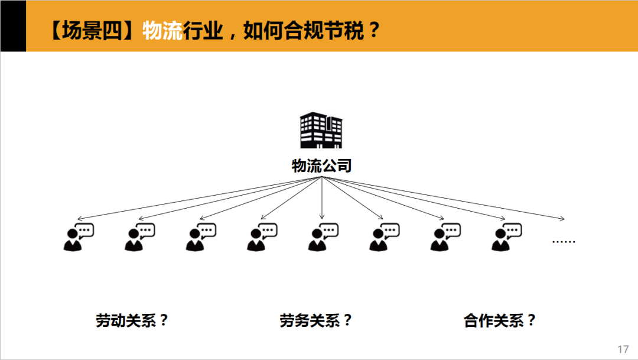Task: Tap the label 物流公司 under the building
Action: click(321, 166)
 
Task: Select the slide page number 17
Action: click(623, 349)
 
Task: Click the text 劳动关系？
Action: click(132, 321)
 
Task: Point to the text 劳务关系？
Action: click(316, 321)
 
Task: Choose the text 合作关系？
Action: click(500, 321)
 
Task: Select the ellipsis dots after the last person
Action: click(563, 241)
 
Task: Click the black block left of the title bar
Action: click(12, 26)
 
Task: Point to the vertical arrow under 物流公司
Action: click(321, 198)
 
